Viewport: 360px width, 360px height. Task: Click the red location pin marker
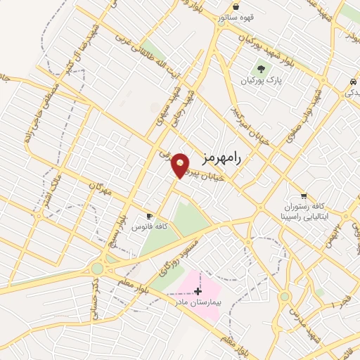pos(181,165)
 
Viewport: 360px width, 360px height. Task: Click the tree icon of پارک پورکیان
pos(262,70)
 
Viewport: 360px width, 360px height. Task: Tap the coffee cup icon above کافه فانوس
pos(149,216)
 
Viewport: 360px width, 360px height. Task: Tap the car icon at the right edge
pos(351,83)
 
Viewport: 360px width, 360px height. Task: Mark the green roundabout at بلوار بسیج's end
pos(97,269)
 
